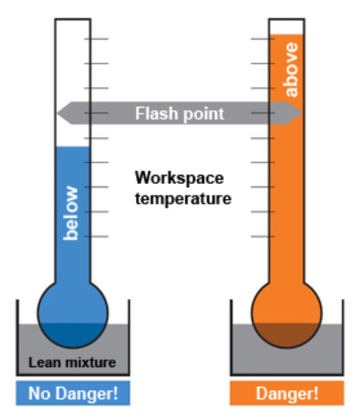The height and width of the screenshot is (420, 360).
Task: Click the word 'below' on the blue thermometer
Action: (x=71, y=213)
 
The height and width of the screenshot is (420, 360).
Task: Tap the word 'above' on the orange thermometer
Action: (x=291, y=69)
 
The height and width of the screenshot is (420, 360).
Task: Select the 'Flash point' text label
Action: (x=179, y=113)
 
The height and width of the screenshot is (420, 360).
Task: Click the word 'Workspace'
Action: (x=179, y=178)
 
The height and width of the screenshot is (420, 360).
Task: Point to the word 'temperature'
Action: (x=183, y=199)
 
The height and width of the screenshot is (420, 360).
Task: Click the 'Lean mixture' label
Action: (x=72, y=363)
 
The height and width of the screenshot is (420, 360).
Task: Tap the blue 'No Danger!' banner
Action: (x=73, y=393)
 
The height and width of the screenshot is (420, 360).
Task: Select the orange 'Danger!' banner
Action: (x=287, y=393)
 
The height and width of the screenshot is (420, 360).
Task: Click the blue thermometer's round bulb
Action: (x=73, y=313)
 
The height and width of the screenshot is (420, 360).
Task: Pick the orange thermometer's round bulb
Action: (x=286, y=313)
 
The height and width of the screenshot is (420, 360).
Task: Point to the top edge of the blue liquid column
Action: (x=72, y=147)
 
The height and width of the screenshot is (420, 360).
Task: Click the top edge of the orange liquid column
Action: (x=286, y=35)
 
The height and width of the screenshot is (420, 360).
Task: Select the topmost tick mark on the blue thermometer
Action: (x=97, y=38)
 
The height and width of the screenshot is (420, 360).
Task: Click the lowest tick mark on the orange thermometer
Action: (x=263, y=237)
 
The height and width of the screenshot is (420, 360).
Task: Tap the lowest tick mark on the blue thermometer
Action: (x=97, y=237)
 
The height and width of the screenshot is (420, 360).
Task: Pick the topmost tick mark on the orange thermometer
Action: (x=263, y=38)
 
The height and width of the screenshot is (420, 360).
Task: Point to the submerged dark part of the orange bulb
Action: (x=286, y=335)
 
